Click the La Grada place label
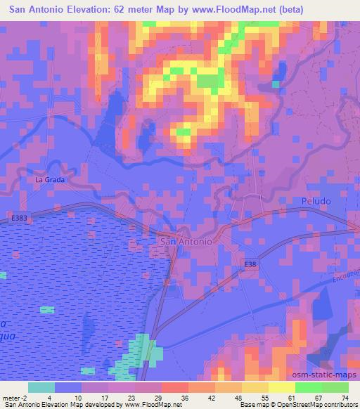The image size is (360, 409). (50, 179)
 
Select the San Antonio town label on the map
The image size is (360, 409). (186, 241)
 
